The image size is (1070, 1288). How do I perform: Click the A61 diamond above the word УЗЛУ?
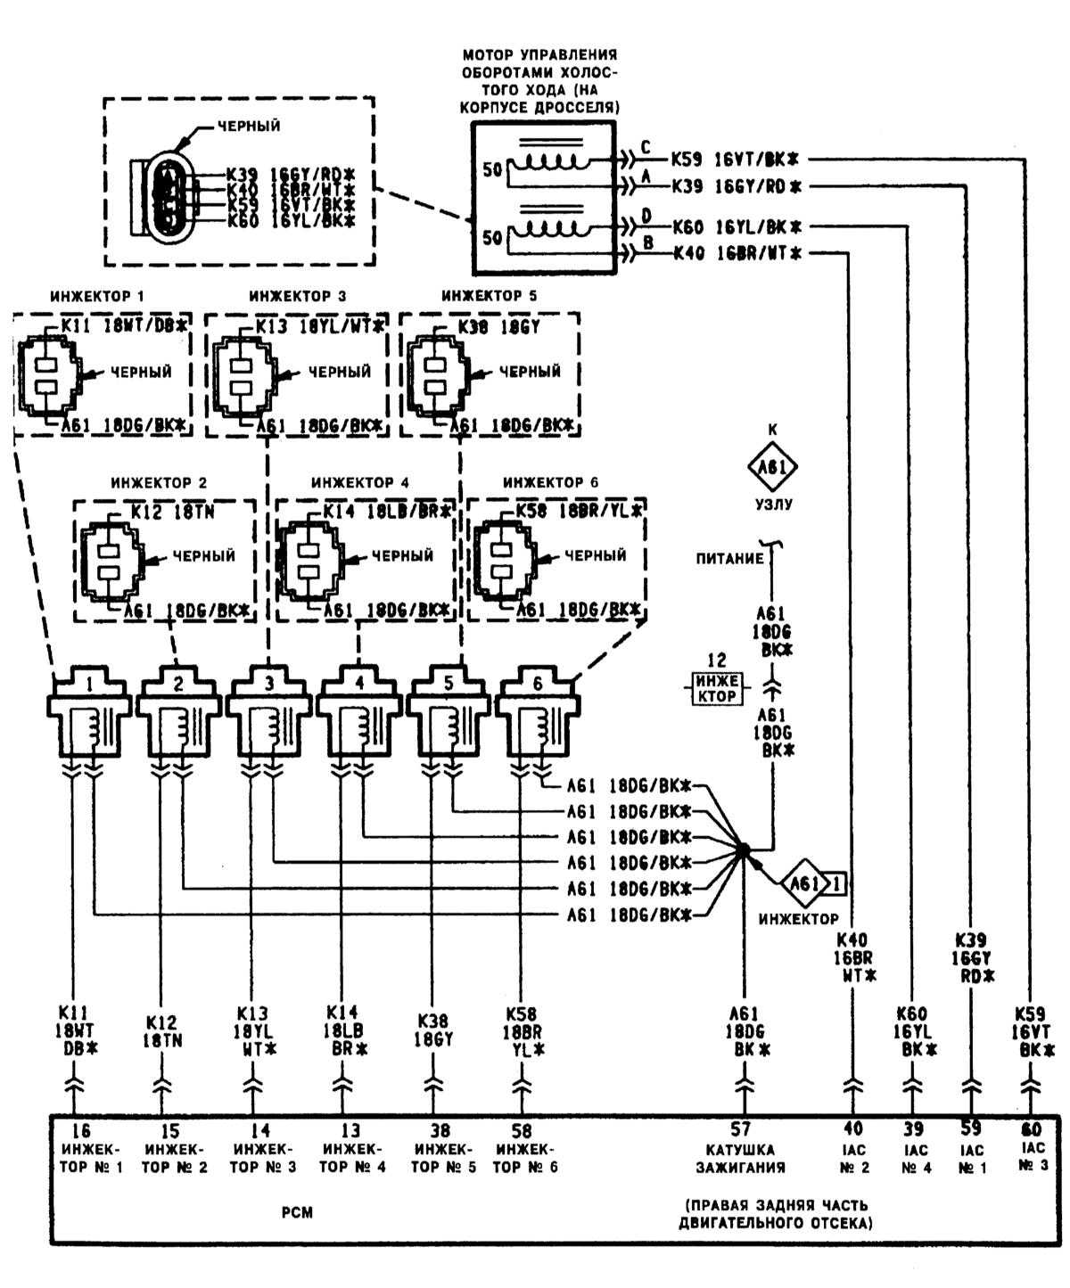click(772, 466)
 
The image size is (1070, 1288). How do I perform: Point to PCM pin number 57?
click(743, 1129)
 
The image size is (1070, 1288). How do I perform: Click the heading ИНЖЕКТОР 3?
click(298, 296)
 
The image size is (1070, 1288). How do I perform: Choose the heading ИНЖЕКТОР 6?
click(551, 482)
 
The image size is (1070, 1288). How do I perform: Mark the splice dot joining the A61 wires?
click(743, 849)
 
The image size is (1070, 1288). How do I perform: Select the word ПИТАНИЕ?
click(730, 559)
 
